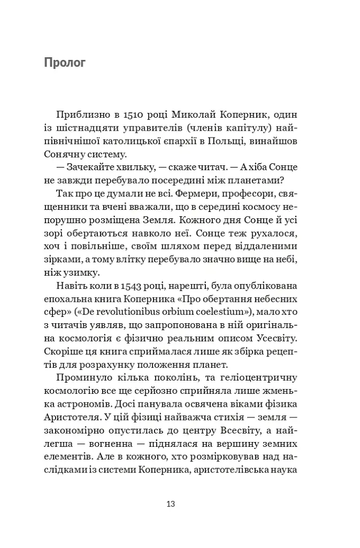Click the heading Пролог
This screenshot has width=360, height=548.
coord(65,63)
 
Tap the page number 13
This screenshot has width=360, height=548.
coord(171,504)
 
